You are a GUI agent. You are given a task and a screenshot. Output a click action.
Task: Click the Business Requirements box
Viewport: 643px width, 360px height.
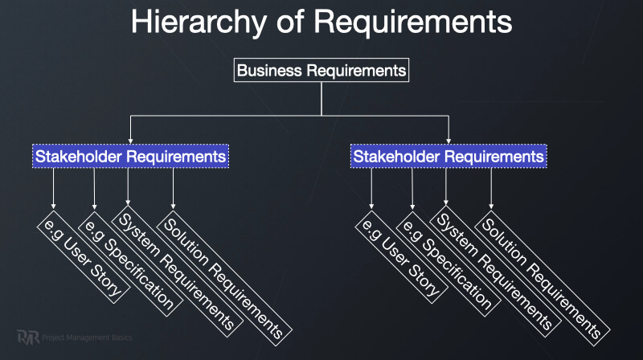[321, 71]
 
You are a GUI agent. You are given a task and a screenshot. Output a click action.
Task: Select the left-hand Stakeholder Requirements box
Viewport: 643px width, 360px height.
[131, 156]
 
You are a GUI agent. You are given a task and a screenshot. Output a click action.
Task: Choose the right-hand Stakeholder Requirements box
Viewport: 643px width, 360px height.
[449, 156]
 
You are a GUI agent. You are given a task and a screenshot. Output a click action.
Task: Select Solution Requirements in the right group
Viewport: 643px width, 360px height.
[539, 274]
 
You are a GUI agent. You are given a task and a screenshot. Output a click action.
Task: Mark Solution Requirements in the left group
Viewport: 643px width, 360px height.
[222, 274]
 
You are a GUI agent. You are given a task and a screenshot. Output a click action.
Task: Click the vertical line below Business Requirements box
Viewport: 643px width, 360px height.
[321, 98]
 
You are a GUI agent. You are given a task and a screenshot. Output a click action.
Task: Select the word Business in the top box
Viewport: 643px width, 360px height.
[272, 71]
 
